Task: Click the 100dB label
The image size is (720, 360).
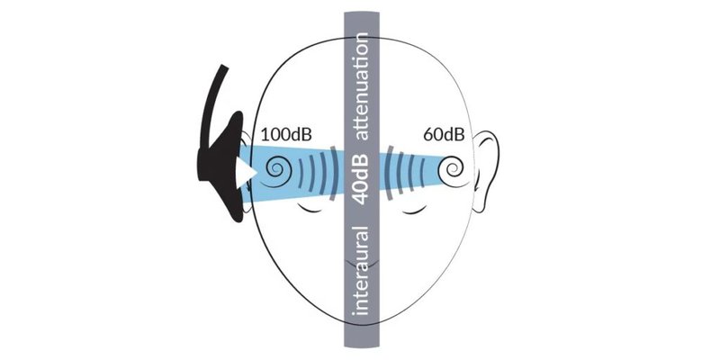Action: (286, 135)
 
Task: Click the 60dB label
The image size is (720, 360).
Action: (444, 135)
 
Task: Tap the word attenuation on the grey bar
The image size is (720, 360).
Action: (363, 85)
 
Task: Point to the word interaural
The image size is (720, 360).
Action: (363, 271)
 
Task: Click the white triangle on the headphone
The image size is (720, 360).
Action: (245, 174)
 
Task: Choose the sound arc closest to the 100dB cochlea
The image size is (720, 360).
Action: (301, 173)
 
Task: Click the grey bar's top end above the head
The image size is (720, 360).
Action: (363, 13)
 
